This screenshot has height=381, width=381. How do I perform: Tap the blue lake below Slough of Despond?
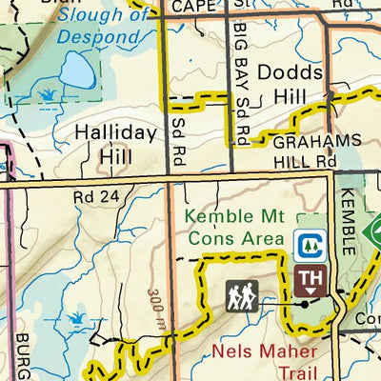point(74,70)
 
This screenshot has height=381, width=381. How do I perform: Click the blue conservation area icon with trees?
point(308,246)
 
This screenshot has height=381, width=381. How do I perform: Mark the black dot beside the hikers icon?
point(303,305)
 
